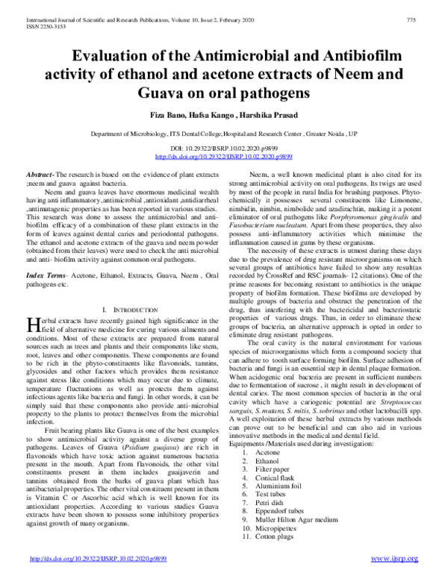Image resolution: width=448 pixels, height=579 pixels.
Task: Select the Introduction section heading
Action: pos(132,308)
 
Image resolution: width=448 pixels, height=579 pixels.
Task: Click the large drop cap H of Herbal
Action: pos(33,324)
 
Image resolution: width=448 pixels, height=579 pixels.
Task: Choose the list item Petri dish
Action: pos(271,504)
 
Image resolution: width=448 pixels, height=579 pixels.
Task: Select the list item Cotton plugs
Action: pos(275,537)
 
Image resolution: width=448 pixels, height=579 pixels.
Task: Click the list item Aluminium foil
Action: pos(278,486)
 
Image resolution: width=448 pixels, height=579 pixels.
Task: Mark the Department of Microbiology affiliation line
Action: pos(225,134)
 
